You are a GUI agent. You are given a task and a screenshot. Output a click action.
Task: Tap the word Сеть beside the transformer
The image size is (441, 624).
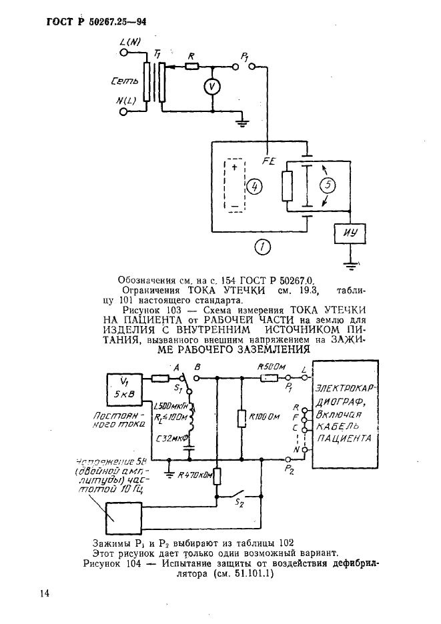125,82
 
